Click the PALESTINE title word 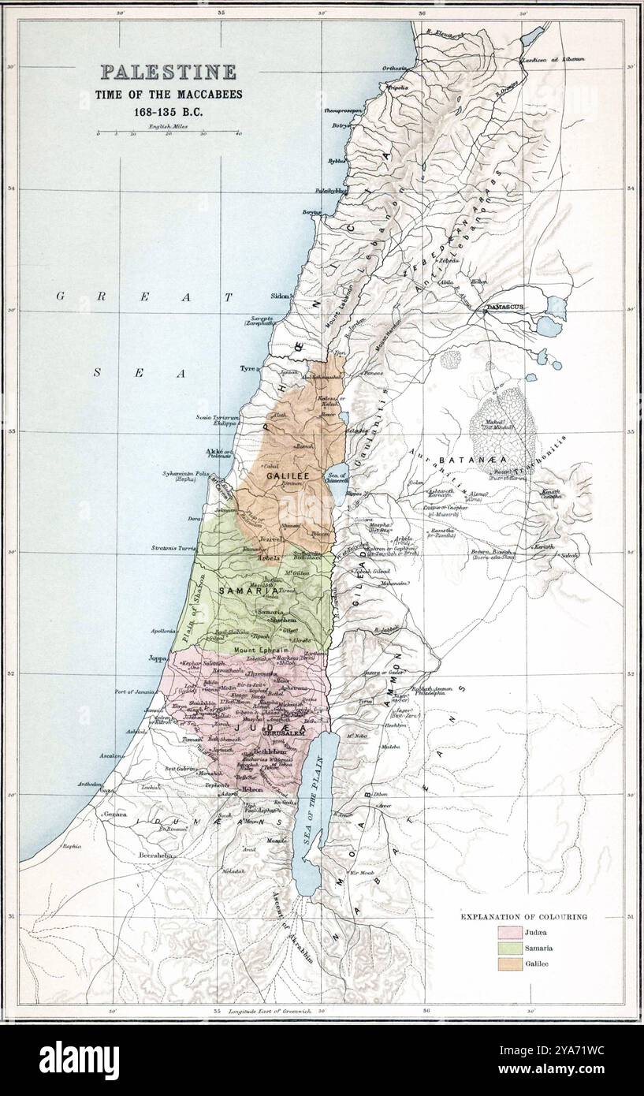(x=167, y=73)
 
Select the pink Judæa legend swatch (x=508, y=933)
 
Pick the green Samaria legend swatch (x=508, y=948)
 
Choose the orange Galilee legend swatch (x=508, y=963)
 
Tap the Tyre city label (x=249, y=368)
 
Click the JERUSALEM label (x=284, y=733)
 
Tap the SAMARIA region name (x=242, y=591)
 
